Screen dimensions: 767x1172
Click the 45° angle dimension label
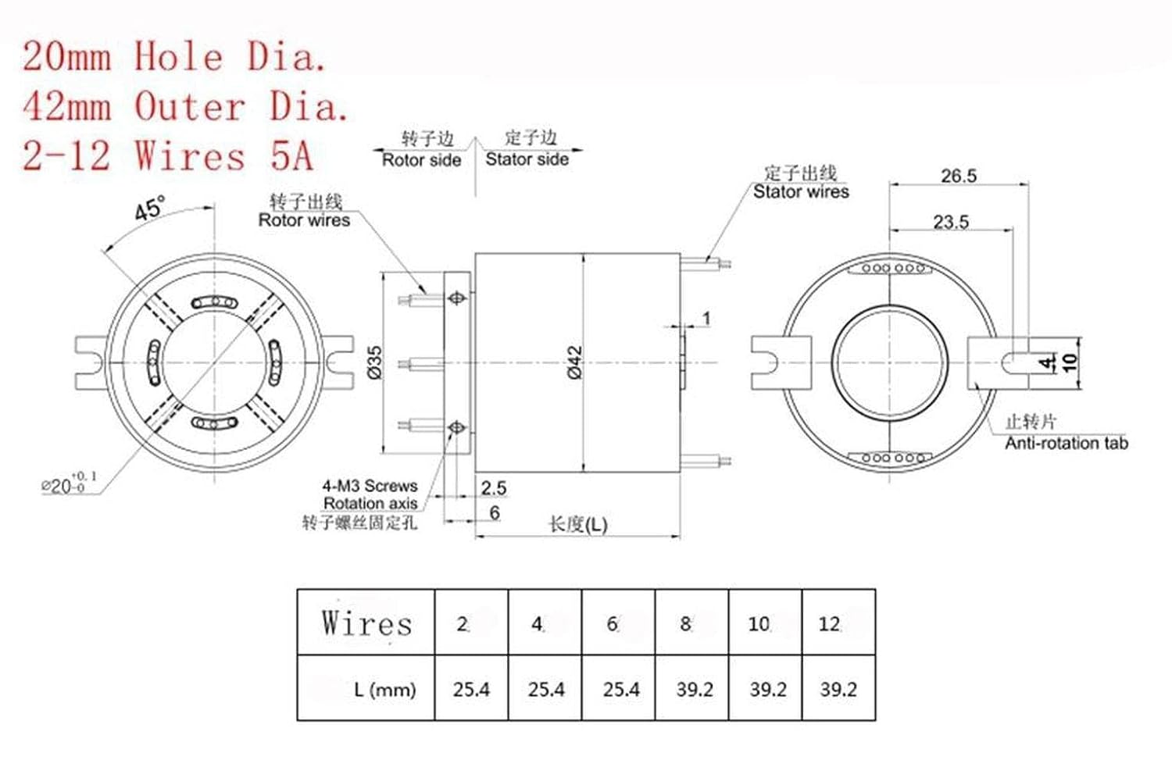pyautogui.click(x=149, y=209)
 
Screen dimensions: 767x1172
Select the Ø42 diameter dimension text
pyautogui.click(x=575, y=362)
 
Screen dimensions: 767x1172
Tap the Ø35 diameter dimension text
pyautogui.click(x=375, y=362)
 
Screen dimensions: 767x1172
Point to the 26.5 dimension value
pyautogui.click(x=958, y=176)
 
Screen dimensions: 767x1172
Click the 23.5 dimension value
pyautogui.click(x=950, y=222)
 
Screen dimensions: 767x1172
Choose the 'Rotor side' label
pyautogui.click(x=421, y=160)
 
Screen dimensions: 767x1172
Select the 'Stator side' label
pyautogui.click(x=527, y=159)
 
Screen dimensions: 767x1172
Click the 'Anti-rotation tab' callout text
pyautogui.click(x=1066, y=444)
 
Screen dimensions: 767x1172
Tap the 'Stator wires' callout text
pyautogui.click(x=801, y=192)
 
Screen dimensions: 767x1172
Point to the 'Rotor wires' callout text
pyautogui.click(x=304, y=220)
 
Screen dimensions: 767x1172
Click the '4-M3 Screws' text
pyautogui.click(x=370, y=486)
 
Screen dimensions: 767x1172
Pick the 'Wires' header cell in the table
pyautogui.click(x=366, y=623)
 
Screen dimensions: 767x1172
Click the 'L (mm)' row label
pyautogui.click(x=384, y=690)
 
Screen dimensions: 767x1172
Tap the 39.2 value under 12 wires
pyautogui.click(x=838, y=690)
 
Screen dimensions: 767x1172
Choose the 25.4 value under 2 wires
pyautogui.click(x=471, y=690)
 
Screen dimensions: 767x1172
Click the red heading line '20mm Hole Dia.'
pyautogui.click(x=173, y=57)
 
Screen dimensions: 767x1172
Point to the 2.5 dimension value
pyautogui.click(x=494, y=488)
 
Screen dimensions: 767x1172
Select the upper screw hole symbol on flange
pyautogui.click(x=457, y=298)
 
